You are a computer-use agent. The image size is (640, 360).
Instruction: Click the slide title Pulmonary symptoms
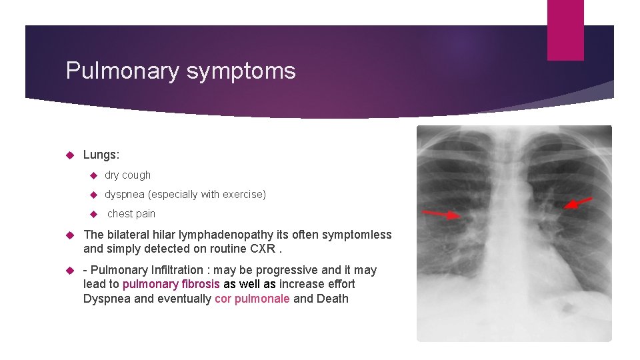coord(180,71)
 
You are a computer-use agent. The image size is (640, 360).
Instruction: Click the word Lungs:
coord(101,155)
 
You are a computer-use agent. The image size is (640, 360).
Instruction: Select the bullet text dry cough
coord(127,175)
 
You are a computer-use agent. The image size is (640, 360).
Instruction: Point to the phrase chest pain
coord(131,213)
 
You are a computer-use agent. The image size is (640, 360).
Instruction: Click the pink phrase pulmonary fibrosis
coord(171,284)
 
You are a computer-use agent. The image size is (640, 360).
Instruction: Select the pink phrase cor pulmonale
coord(252,299)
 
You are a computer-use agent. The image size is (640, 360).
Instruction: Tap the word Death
coord(332,299)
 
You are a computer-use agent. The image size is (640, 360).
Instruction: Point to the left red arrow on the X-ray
coord(441,213)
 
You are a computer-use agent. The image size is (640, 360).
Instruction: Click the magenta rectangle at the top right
coord(565,30)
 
